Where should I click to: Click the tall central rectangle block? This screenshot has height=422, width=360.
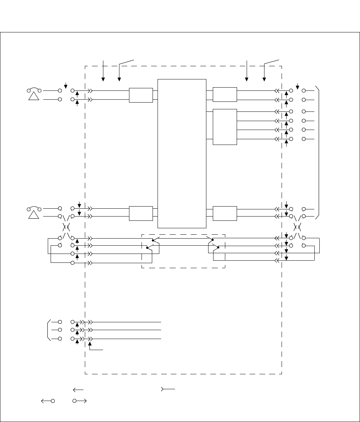tap(182, 153)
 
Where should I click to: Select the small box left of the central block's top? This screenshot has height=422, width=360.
tap(141, 95)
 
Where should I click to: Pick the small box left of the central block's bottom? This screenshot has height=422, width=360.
tap(141, 213)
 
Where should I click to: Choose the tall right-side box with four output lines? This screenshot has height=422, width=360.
tap(225, 127)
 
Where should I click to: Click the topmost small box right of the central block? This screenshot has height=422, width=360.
tap(225, 94)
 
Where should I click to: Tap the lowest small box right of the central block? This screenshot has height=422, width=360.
tap(225, 213)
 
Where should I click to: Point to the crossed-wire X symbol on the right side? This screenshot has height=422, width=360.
tap(297, 227)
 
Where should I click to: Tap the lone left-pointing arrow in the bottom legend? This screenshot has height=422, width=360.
tap(78, 389)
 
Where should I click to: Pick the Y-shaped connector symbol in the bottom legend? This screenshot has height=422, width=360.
tap(168, 389)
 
